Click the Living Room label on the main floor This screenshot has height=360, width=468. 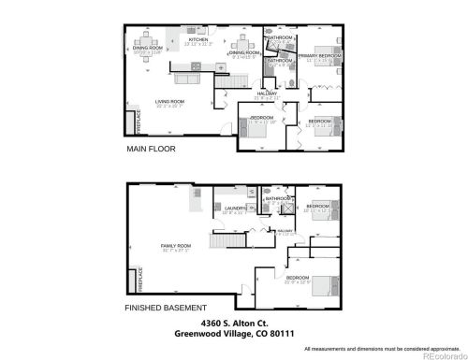tap(170, 103)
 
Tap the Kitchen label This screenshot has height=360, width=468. tap(198, 40)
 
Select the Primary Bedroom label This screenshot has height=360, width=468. tap(319, 57)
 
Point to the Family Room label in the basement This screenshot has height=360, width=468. tap(174, 247)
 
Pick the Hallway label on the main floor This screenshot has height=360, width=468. tap(271, 94)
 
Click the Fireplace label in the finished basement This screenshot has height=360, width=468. tap(129, 280)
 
